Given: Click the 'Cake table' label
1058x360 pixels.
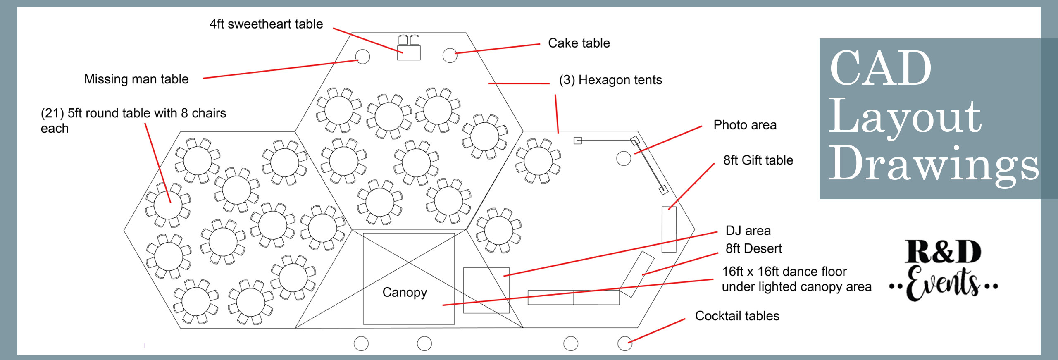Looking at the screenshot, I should [x=579, y=43].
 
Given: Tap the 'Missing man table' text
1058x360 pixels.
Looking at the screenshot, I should [x=136, y=79].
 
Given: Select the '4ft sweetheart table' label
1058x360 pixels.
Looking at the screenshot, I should [x=266, y=24].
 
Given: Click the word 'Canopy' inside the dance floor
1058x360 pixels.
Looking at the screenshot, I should [x=404, y=292].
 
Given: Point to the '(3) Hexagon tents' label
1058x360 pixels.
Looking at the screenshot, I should [x=610, y=80].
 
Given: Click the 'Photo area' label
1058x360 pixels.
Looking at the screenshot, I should [x=745, y=125].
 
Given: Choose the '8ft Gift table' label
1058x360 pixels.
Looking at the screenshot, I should [x=758, y=160].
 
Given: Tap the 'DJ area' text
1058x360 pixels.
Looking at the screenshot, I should [x=748, y=231].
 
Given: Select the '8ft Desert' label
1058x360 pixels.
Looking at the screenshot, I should [x=753, y=248].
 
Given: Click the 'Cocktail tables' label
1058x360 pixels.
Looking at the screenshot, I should [x=737, y=316].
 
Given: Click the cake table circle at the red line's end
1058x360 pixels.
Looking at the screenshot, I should [x=450, y=55].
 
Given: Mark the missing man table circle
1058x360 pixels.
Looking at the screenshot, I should [x=362, y=57].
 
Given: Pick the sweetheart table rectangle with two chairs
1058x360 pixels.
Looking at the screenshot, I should [x=409, y=53].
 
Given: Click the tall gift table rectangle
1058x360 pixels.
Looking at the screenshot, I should [x=669, y=229].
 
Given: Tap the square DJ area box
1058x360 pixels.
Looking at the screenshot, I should [x=486, y=290].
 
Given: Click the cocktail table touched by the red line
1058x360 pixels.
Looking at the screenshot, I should [x=624, y=343].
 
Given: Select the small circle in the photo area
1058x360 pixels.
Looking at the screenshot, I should [x=623, y=158].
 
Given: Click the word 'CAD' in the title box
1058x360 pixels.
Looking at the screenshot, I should [x=880, y=68].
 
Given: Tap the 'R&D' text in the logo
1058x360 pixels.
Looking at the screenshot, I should [x=943, y=252].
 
